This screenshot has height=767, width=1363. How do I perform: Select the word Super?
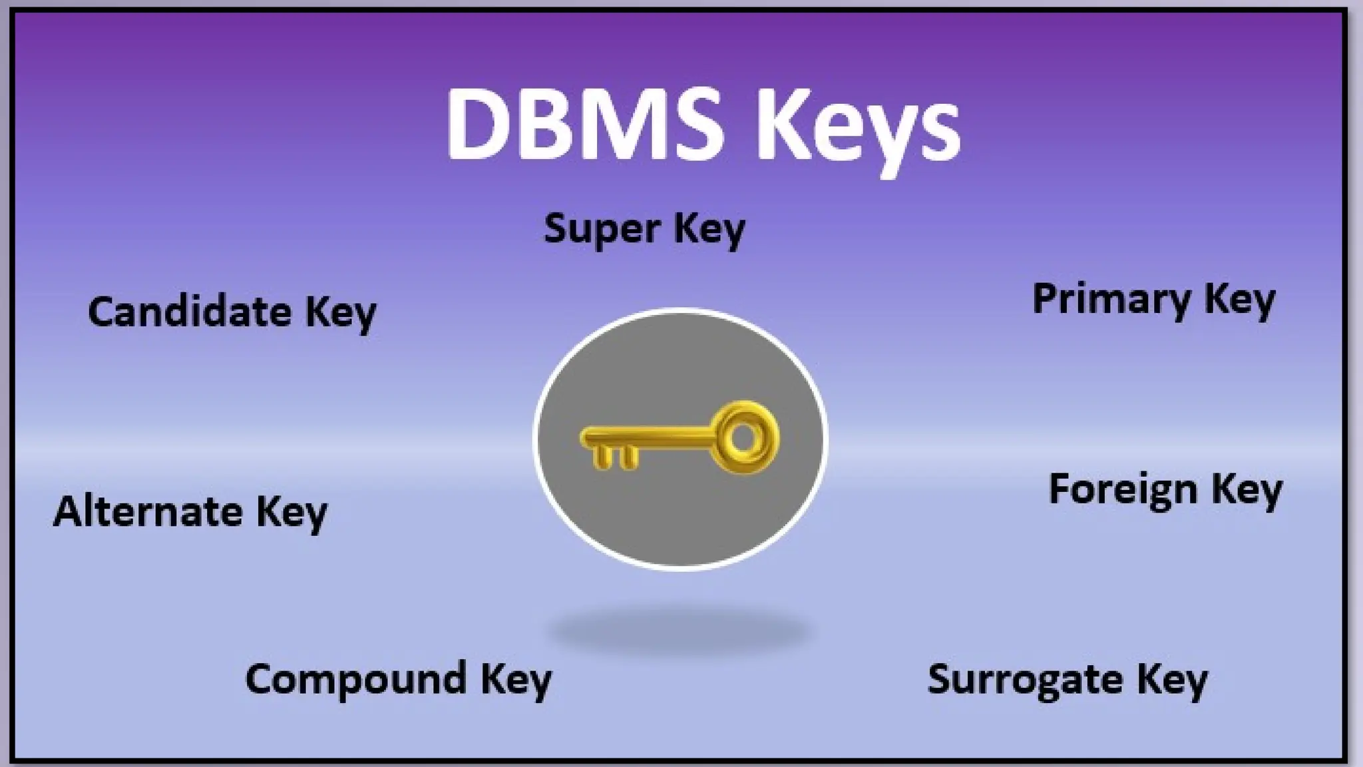point(601,230)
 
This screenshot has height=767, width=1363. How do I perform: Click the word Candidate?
point(190,312)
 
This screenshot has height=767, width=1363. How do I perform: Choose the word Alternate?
point(148,511)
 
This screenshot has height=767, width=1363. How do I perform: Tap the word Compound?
point(356,679)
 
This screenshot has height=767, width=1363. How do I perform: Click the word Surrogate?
point(1025,680)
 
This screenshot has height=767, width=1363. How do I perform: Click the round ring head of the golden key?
point(743,437)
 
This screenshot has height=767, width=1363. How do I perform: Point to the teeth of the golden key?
point(614,457)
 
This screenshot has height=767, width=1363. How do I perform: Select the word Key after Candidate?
point(341,312)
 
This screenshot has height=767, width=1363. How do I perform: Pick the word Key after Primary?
point(1240,300)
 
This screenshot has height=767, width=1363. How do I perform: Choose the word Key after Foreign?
point(1247,490)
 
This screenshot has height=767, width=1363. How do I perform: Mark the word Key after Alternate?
point(292,513)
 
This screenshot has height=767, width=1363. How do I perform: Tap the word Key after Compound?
point(516,680)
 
